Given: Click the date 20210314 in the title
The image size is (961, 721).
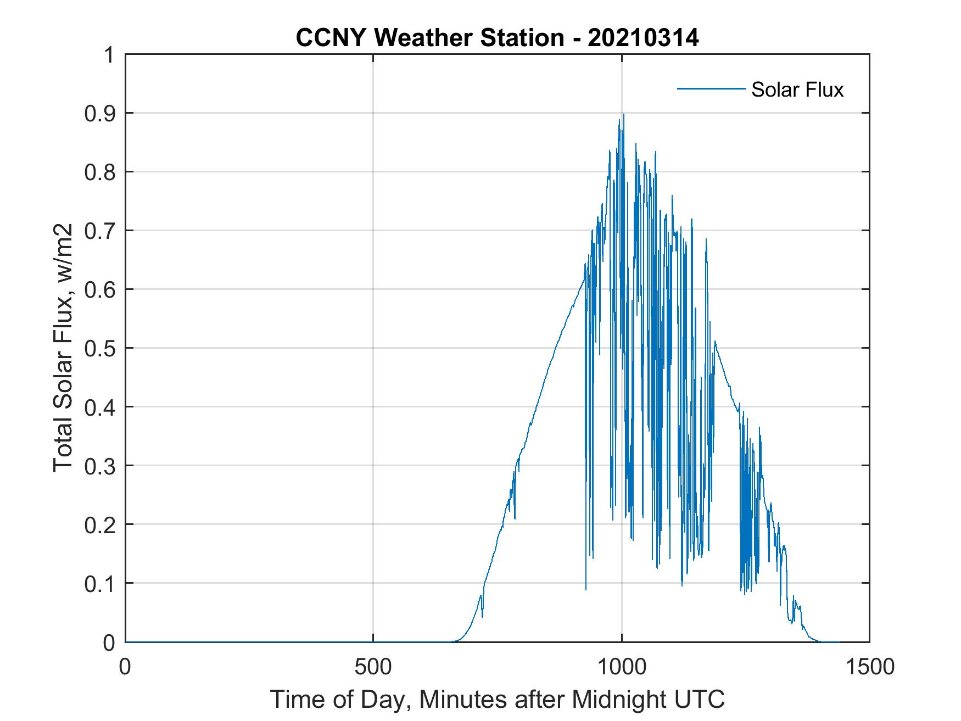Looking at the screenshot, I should tap(643, 38).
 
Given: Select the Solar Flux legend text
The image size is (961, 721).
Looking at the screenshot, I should tap(797, 90).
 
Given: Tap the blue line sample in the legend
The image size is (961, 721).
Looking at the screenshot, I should tap(711, 89).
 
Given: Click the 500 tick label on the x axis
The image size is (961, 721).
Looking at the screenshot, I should tap(373, 667).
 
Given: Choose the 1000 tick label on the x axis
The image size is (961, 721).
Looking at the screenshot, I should tap(621, 667).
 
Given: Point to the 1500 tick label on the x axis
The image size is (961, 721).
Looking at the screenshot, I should tap(869, 667).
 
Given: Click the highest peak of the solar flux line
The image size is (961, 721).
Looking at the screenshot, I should tap(623, 114).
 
